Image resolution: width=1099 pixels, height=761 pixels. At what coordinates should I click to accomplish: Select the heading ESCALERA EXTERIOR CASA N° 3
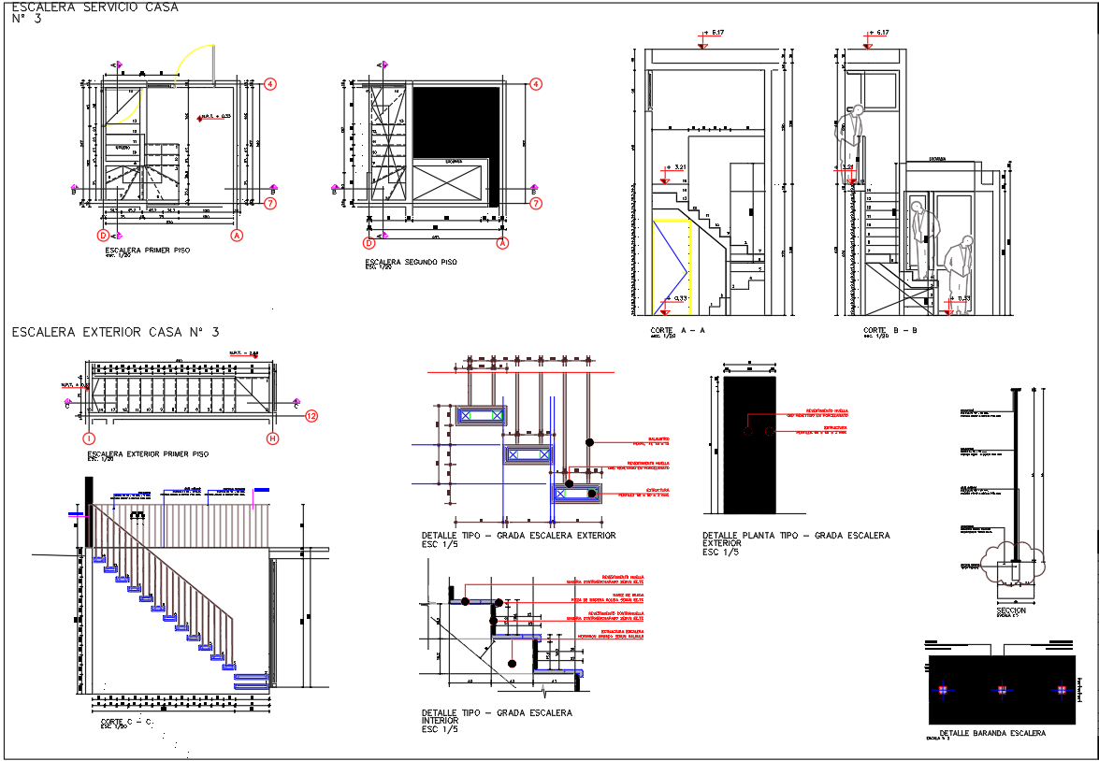[116, 332]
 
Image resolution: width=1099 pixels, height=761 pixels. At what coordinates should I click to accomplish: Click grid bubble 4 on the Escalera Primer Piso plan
[270, 83]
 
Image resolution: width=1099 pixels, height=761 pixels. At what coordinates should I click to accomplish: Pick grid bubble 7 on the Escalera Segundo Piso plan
[536, 203]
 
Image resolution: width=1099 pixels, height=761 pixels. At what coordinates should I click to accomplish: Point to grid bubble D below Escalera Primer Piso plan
[104, 236]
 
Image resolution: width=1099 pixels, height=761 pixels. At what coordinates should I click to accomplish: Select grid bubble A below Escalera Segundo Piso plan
[503, 243]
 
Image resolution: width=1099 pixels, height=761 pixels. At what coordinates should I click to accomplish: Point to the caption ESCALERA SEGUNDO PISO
[412, 262]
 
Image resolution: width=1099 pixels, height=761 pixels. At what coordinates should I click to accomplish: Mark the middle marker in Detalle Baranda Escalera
[1002, 690]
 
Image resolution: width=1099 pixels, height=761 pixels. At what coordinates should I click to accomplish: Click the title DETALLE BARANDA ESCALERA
[992, 733]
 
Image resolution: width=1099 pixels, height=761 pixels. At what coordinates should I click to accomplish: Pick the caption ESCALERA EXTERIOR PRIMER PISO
[148, 453]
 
